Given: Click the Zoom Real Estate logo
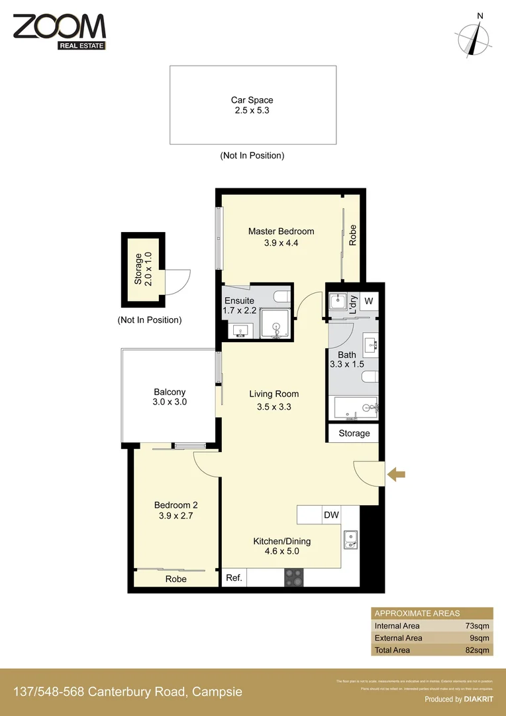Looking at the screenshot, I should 59,31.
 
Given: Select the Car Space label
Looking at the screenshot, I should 252,105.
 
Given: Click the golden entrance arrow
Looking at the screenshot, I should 396,473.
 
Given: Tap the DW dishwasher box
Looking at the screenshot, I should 331,514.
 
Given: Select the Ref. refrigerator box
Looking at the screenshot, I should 233,578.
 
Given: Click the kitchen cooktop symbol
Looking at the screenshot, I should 293,577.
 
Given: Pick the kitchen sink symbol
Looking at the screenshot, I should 350,540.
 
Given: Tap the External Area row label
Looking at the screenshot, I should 398,638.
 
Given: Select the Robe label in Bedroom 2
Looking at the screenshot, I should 176,579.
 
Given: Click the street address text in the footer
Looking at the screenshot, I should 128,692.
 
